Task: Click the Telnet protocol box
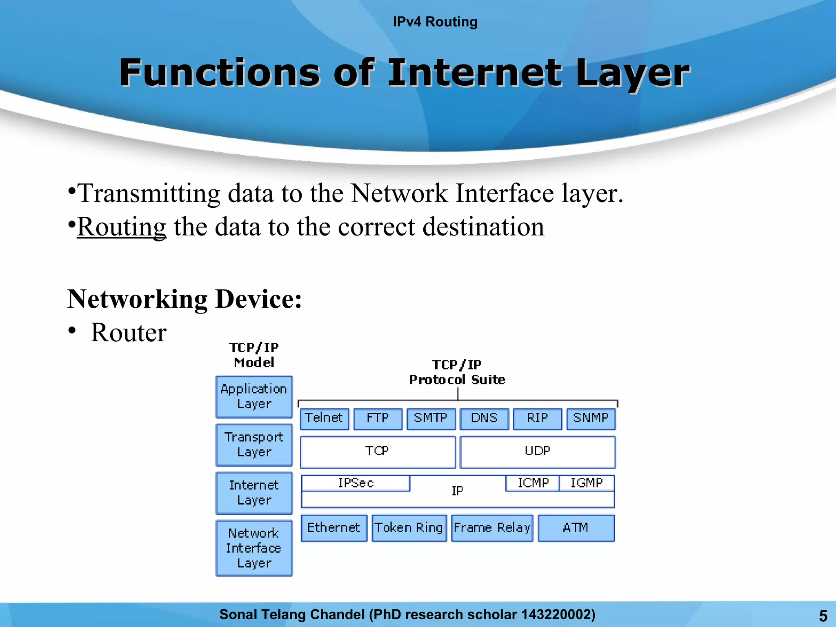tap(325, 419)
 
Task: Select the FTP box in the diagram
tap(378, 419)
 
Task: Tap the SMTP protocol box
tap(431, 419)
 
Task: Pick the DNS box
tap(484, 419)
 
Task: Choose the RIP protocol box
tap(537, 419)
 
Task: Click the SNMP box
tap(591, 419)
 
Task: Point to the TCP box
tap(378, 452)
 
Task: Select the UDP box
tap(538, 452)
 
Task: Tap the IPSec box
tap(356, 483)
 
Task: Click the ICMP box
tap(533, 483)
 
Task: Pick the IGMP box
tap(587, 483)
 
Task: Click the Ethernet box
tap(334, 528)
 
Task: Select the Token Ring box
tap(409, 528)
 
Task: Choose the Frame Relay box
tap(492, 528)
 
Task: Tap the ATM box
tap(576, 528)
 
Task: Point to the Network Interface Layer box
tap(254, 548)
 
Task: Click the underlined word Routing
tap(122, 227)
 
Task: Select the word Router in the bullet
tap(129, 333)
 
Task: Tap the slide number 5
tap(823, 616)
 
